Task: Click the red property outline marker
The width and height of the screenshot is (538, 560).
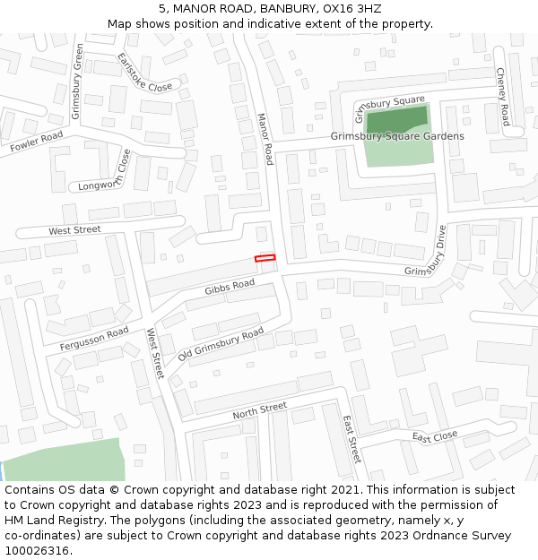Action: tap(265, 258)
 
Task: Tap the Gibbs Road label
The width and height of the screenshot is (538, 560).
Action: tap(230, 287)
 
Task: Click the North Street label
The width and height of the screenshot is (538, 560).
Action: tap(260, 411)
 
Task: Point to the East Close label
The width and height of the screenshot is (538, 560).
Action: tap(435, 436)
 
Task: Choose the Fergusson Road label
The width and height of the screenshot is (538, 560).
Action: tap(94, 339)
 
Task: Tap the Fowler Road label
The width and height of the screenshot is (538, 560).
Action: tap(37, 141)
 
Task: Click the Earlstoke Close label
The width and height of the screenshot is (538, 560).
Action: tap(144, 73)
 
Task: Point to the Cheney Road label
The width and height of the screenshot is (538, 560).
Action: tap(502, 96)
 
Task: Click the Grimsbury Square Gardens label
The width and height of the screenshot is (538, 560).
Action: tap(397, 136)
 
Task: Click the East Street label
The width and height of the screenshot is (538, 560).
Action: tap(351, 438)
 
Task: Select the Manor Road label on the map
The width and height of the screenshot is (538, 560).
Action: tap(265, 138)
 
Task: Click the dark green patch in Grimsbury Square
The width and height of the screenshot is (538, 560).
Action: tap(395, 119)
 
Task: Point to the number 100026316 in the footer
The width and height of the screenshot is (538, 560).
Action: tap(36, 551)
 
